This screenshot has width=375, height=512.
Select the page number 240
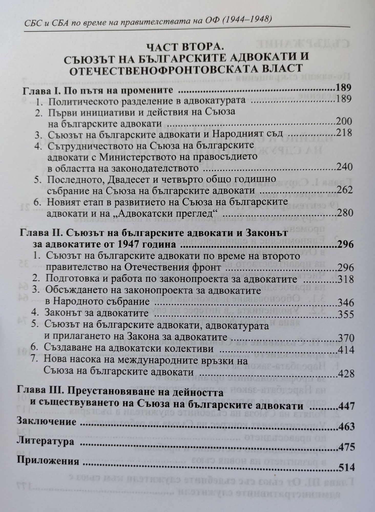(x=344, y=167)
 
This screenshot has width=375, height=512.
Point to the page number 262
(x=345, y=190)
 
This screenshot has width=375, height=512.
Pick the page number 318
(x=346, y=279)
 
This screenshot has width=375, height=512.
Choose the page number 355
(x=346, y=314)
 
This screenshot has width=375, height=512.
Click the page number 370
(x=346, y=337)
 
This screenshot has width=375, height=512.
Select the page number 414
(x=346, y=349)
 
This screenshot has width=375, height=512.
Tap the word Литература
(x=45, y=442)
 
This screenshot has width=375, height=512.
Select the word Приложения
(x=48, y=462)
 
